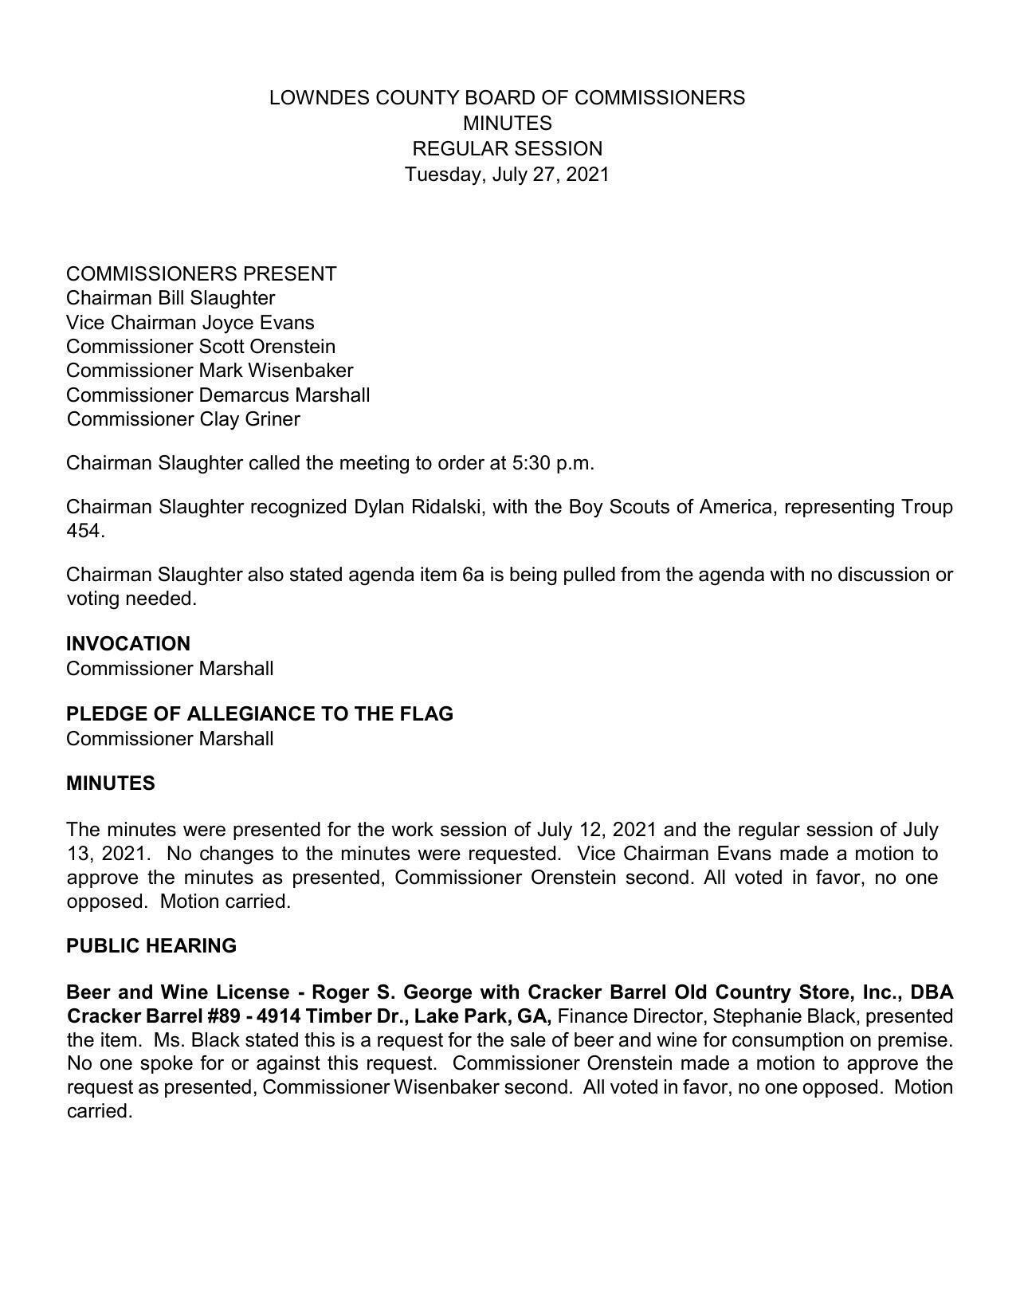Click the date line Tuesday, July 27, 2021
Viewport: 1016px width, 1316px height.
point(507,175)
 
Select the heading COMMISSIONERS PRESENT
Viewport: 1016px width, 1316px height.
point(201,274)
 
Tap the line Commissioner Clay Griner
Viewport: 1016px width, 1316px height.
point(183,419)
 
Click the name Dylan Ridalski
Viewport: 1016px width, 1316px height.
point(418,508)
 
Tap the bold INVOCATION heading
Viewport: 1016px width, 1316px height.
point(128,644)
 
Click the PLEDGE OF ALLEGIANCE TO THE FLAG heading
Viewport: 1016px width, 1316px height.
point(260,714)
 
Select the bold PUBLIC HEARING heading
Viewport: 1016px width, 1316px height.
point(151,946)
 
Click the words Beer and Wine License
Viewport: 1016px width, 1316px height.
point(178,993)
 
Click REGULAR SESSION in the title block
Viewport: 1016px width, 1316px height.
point(507,149)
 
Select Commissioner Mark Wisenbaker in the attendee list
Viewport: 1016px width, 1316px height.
point(210,371)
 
